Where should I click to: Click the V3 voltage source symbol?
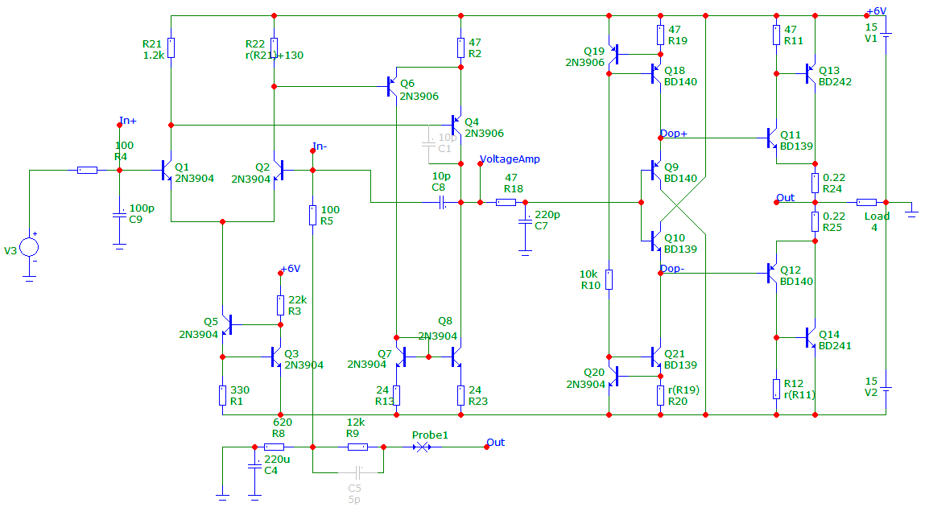(29, 247)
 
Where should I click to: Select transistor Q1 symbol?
(166, 171)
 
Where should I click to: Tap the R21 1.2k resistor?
(171, 47)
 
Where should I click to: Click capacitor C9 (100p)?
(119, 216)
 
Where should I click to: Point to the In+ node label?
(128, 120)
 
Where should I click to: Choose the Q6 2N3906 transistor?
(392, 87)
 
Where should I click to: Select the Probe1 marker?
(422, 447)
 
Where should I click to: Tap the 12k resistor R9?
(357, 447)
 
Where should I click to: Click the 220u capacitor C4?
(255, 466)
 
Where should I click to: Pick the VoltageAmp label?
(510, 159)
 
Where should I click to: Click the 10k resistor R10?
(609, 279)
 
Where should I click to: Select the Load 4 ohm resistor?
(866, 202)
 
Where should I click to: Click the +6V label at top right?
(876, 11)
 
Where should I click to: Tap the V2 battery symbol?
(886, 389)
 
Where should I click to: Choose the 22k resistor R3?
(280, 305)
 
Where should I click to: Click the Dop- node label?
(672, 268)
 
